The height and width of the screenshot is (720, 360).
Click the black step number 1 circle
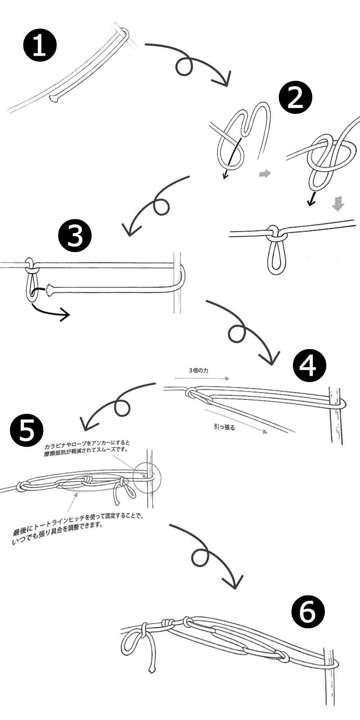(x=40, y=46)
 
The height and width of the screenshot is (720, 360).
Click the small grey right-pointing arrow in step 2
(x=265, y=174)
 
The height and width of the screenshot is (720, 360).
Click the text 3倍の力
(x=198, y=370)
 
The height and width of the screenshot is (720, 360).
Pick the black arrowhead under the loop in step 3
(x=65, y=315)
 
